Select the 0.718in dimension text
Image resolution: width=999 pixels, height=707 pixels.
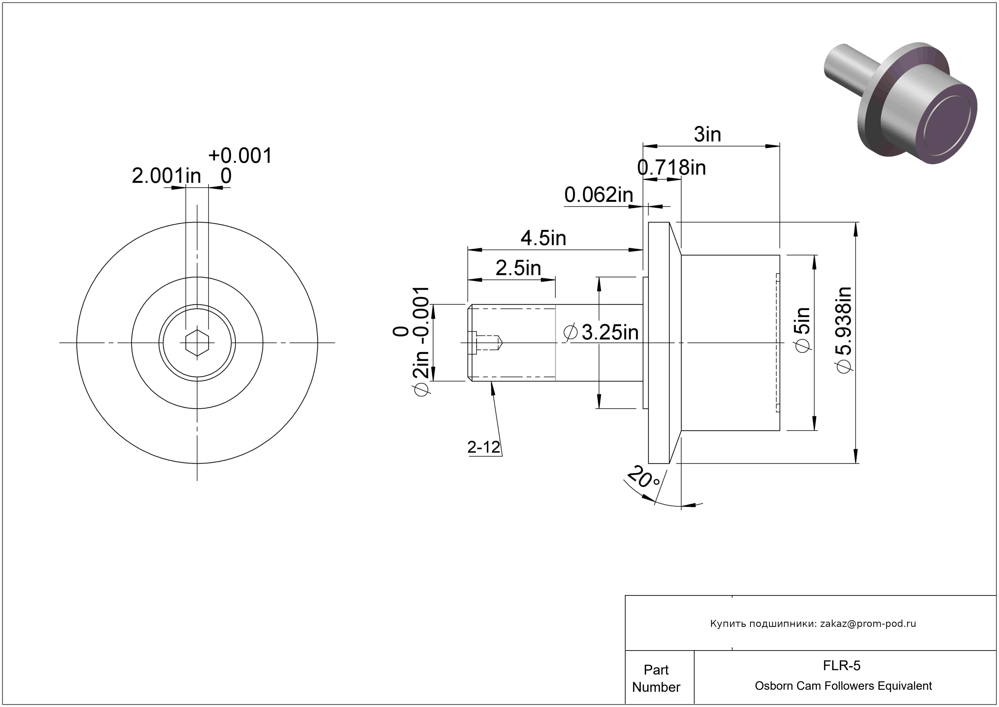coord(671,168)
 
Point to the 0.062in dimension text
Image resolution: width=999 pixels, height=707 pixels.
coord(598,195)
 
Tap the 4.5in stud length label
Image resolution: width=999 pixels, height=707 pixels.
coord(543,238)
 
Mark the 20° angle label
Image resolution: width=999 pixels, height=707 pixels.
coord(644,478)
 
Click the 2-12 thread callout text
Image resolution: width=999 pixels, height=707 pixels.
coord(483,447)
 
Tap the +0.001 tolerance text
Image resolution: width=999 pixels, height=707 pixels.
coord(240,155)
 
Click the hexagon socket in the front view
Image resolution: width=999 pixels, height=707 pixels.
coord(197,343)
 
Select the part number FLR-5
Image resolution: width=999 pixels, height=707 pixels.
coord(841,665)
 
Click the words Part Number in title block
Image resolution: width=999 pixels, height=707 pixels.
coord(656,678)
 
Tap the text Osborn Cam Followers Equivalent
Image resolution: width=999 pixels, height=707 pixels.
coord(843,686)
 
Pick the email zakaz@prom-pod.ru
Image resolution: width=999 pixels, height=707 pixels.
coord(868,624)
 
